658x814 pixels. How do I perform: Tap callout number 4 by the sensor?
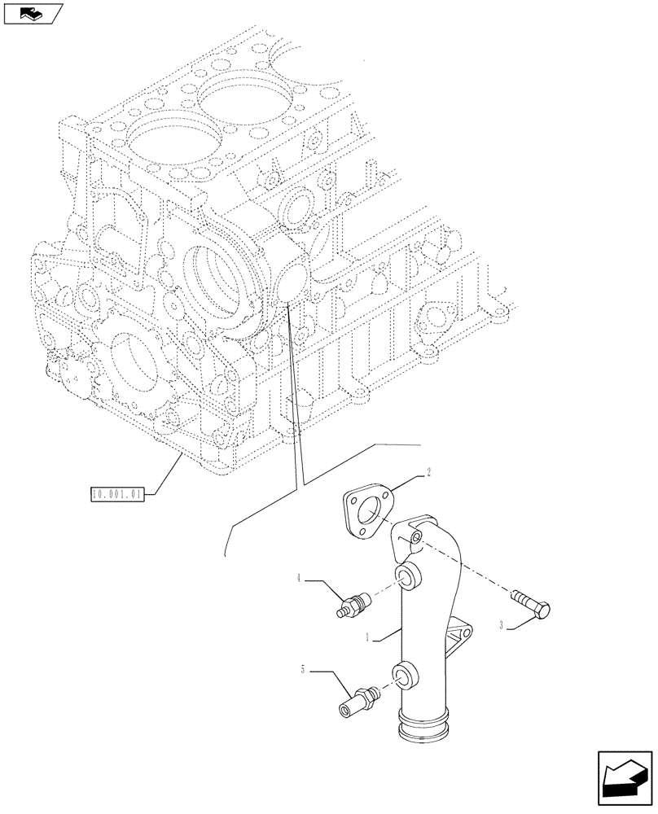pos(300,577)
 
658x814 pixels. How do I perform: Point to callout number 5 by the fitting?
pos(303,670)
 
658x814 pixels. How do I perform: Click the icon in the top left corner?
pos(33,14)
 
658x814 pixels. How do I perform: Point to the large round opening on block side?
pos(216,281)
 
